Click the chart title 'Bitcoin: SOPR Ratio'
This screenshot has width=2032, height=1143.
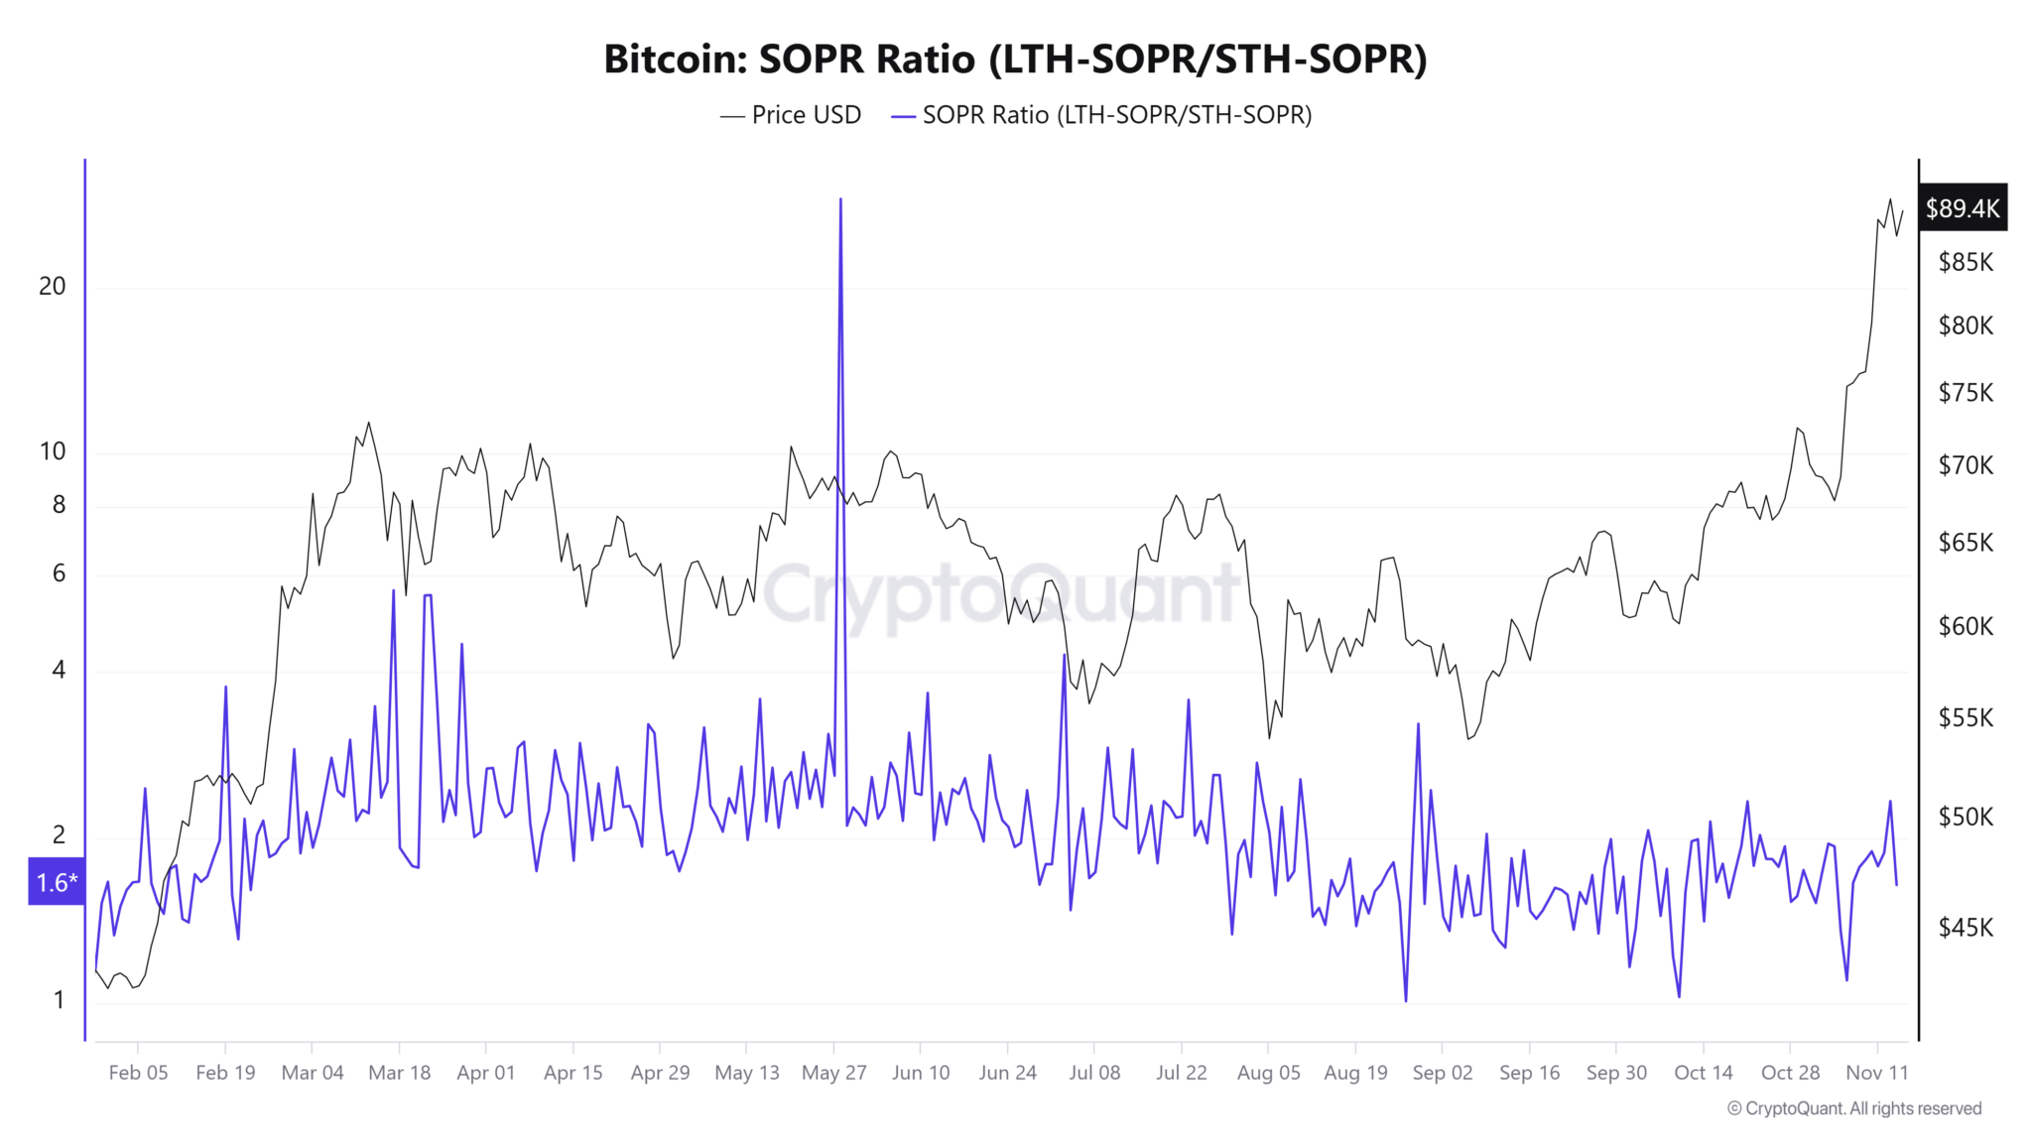pyautogui.click(x=1015, y=60)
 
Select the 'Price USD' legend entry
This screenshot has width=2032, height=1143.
pyautogui.click(x=792, y=115)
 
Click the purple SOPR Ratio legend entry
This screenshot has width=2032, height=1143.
pyautogui.click(x=1102, y=115)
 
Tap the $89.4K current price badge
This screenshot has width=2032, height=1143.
pyautogui.click(x=1962, y=208)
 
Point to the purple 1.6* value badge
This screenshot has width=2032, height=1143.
pyautogui.click(x=57, y=882)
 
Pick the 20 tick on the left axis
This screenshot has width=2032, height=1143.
pyautogui.click(x=53, y=287)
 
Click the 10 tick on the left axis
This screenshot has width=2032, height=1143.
pyautogui.click(x=53, y=451)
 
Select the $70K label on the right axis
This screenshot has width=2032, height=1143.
pyautogui.click(x=1965, y=465)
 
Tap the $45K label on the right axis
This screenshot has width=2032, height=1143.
pyautogui.click(x=1965, y=928)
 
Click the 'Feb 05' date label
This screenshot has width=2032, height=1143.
pyautogui.click(x=138, y=1073)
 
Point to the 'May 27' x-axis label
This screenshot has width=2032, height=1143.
pyautogui.click(x=833, y=1073)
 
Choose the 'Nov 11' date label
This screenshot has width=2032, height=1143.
pyautogui.click(x=1876, y=1073)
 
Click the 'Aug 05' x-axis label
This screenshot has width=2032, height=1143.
pyautogui.click(x=1268, y=1073)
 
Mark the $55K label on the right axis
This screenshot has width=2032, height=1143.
pyautogui.click(x=1965, y=717)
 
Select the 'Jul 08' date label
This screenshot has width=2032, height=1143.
pyautogui.click(x=1094, y=1073)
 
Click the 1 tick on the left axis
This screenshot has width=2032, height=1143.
pyautogui.click(x=59, y=1000)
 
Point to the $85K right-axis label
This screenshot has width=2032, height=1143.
pyautogui.click(x=1965, y=263)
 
